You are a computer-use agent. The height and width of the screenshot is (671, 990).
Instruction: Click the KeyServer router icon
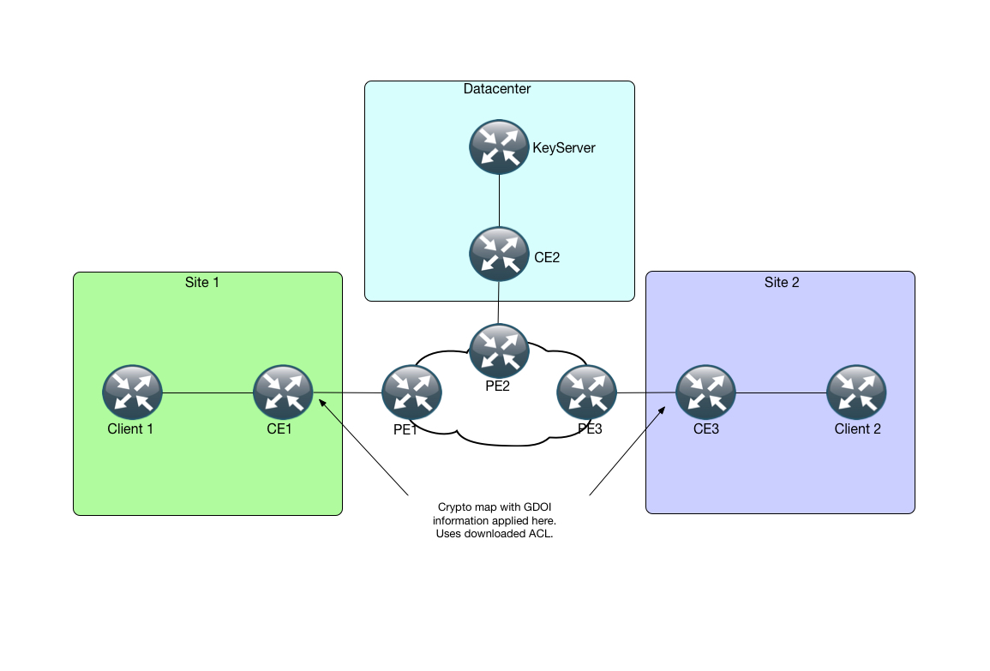(498, 147)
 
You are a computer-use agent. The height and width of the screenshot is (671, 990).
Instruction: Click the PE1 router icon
(411, 393)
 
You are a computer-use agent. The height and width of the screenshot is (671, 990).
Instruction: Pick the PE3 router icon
(587, 393)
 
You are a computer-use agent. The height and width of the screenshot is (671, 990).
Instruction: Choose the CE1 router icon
(283, 393)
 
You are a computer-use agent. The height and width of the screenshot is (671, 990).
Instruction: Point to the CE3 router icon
(705, 393)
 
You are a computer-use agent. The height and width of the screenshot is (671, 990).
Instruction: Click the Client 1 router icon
(132, 393)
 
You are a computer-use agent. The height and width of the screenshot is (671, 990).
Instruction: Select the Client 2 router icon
(856, 393)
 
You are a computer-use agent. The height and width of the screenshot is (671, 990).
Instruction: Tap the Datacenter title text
(497, 89)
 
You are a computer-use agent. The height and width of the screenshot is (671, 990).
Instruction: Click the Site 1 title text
(202, 282)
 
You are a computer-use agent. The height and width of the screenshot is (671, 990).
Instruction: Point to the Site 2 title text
(782, 282)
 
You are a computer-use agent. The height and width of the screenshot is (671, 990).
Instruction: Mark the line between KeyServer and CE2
(499, 201)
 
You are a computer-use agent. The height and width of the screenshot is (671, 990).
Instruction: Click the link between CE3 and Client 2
(781, 394)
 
